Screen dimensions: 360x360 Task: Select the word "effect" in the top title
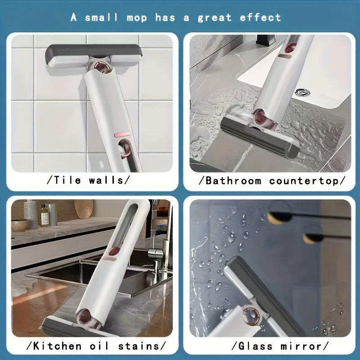261,18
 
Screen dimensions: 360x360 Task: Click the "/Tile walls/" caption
89,180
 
